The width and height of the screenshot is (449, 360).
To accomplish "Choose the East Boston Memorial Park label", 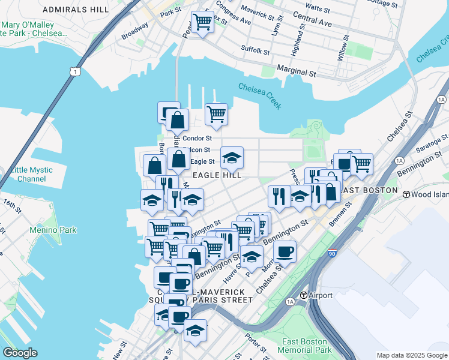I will pos(306,346).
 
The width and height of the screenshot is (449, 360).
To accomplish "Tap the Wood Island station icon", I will pos(406,194).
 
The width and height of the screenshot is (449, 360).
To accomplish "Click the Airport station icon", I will pos(304,296).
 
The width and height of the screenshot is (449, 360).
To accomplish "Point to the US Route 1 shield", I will pos(73,71).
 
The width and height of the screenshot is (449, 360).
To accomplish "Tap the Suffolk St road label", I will pos(255,50).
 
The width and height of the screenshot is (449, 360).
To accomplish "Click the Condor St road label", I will pos(197,138).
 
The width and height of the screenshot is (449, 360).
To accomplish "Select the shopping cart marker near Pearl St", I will pos(202,23).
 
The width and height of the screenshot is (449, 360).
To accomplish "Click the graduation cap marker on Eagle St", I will pos(232,158).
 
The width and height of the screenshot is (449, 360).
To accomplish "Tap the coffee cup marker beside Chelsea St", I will pos(285,251).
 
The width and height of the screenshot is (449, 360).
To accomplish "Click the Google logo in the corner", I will pos(20,353).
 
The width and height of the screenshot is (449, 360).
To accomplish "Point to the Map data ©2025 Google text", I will pos(411,355).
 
